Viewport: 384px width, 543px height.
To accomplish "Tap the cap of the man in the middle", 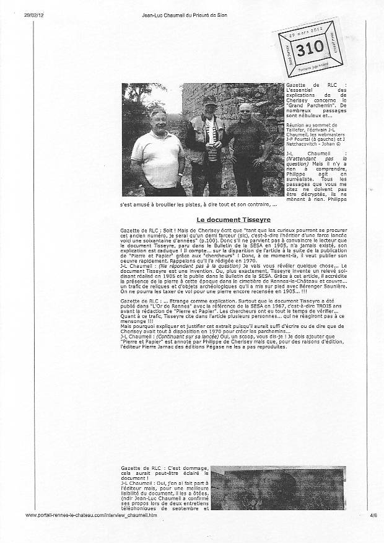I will coord(209,99).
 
